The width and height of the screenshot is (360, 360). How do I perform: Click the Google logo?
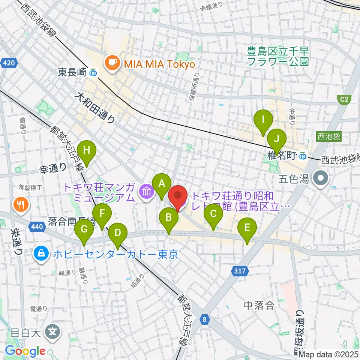25,351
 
